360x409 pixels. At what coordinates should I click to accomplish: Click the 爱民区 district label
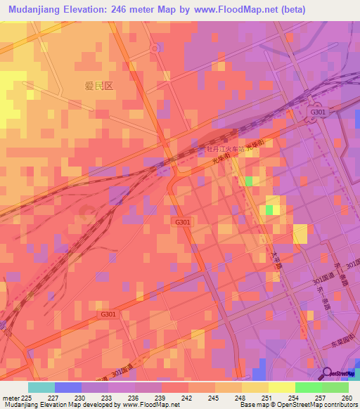click(99, 86)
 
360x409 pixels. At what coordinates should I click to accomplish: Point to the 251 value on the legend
click(268, 397)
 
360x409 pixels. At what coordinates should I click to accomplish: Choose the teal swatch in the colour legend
click(41, 387)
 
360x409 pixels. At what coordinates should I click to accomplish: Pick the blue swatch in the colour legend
click(68, 387)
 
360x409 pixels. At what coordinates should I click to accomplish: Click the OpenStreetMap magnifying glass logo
click(327, 373)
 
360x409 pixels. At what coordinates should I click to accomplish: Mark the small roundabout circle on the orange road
click(154, 48)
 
